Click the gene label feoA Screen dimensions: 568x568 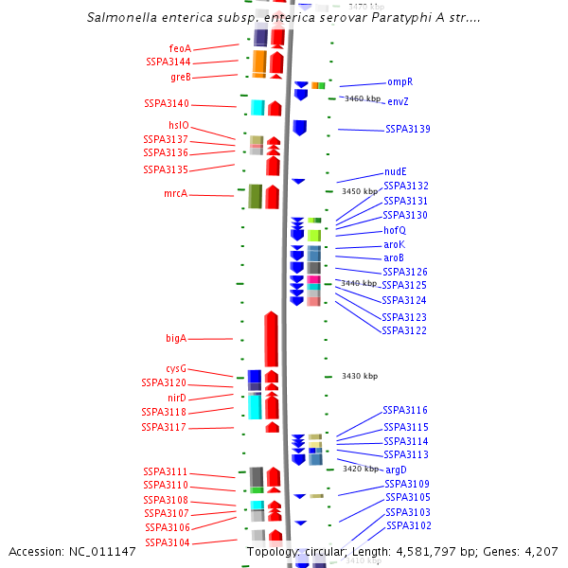[180, 48]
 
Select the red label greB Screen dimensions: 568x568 [180, 77]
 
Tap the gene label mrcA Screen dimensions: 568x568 [175, 194]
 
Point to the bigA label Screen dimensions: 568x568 [176, 338]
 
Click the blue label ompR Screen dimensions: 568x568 [399, 82]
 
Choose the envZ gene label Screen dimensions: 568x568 [399, 101]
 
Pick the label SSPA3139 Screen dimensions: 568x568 [408, 130]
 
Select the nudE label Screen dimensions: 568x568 [396, 172]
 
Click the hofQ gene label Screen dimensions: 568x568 [395, 230]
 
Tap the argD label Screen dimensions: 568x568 [396, 470]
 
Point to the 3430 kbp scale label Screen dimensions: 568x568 [360, 376]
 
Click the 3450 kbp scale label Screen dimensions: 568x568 [360, 191]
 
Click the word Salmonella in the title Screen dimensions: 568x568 [122, 17]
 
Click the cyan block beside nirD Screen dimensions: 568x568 [254, 406]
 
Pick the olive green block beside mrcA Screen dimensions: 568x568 [255, 196]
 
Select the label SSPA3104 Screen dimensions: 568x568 [167, 542]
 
